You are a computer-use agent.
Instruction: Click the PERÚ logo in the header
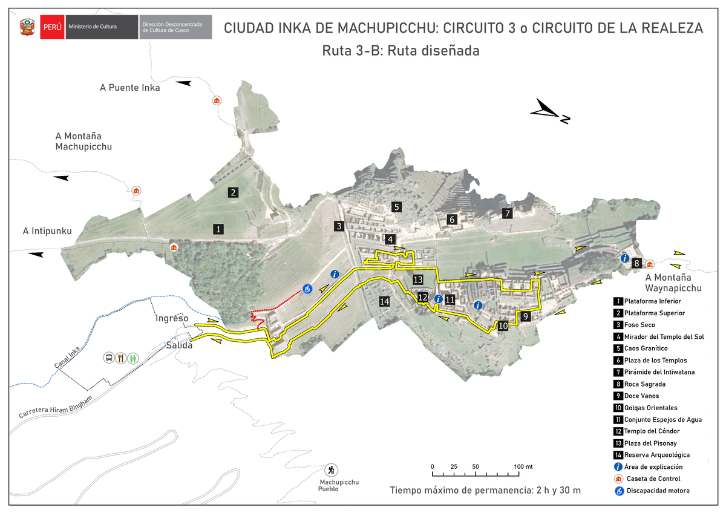(x=52, y=27)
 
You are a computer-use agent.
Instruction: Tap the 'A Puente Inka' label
(x=130, y=88)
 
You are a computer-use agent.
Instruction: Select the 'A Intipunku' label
(x=47, y=231)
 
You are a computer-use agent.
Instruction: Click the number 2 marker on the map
(x=232, y=192)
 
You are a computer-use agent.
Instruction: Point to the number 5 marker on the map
(x=396, y=207)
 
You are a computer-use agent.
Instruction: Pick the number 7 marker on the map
(x=508, y=213)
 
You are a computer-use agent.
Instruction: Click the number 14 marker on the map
(x=384, y=301)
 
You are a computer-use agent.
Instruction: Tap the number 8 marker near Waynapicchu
(x=636, y=264)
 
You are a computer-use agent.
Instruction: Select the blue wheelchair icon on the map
(x=308, y=290)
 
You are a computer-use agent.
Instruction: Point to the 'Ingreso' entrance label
(x=172, y=318)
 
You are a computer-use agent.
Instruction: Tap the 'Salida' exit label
(x=179, y=345)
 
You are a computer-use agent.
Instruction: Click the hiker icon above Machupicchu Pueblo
(x=331, y=469)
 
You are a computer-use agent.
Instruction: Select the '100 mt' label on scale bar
(x=523, y=466)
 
